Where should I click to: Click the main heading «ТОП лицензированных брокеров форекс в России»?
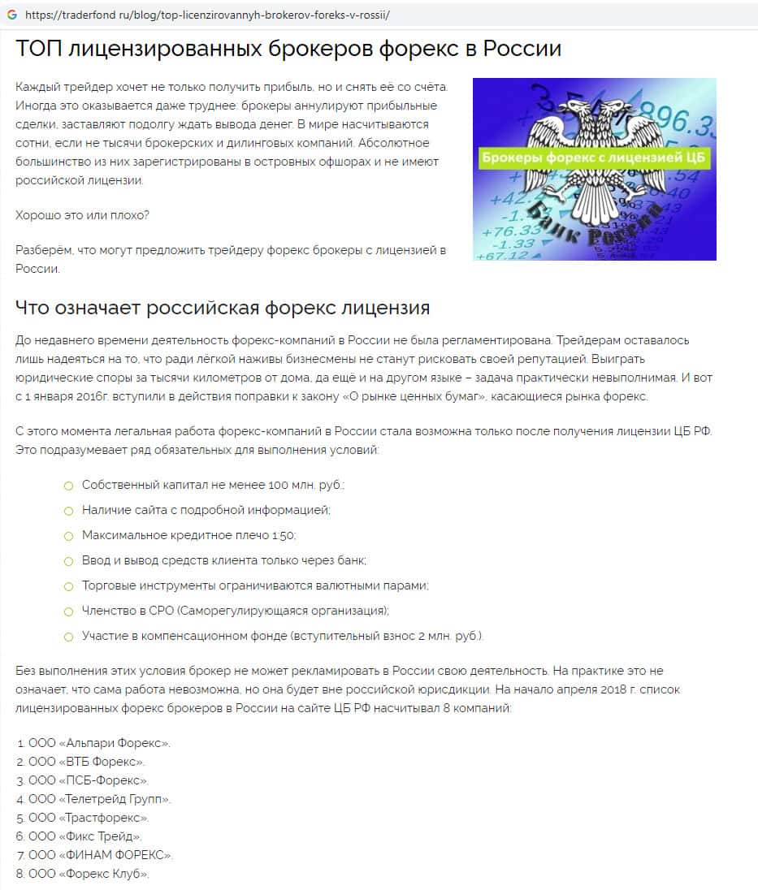tap(288, 49)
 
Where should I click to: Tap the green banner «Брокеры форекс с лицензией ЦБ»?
tap(595, 158)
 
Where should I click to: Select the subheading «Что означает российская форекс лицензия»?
tap(223, 309)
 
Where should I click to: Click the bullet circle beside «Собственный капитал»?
tap(68, 485)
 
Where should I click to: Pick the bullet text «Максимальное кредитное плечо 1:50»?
tap(189, 535)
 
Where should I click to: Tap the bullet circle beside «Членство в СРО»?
tap(68, 611)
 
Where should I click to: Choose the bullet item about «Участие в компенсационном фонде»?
tap(283, 636)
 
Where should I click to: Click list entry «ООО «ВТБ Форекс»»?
tap(86, 762)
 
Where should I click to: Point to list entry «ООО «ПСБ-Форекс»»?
tap(88, 780)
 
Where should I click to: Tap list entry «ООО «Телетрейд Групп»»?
tap(99, 799)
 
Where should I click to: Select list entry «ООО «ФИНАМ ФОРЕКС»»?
tap(100, 855)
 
